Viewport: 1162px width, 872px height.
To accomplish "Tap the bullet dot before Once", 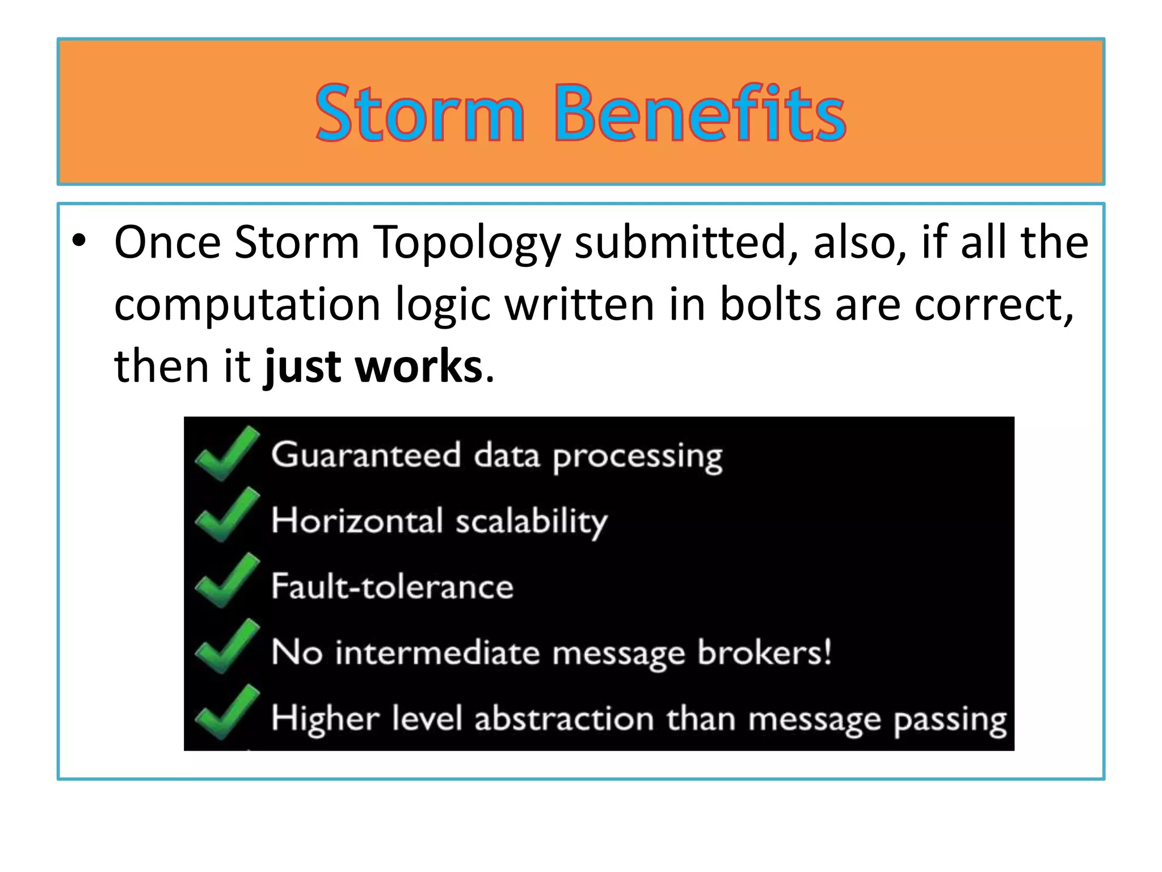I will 79,242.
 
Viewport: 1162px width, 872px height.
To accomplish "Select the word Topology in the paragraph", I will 466,243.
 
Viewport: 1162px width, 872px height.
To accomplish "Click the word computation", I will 247,305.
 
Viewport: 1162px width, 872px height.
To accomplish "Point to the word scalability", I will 531,521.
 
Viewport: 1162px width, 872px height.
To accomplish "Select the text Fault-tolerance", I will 392,586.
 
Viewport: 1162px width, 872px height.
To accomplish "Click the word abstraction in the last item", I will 565,719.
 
